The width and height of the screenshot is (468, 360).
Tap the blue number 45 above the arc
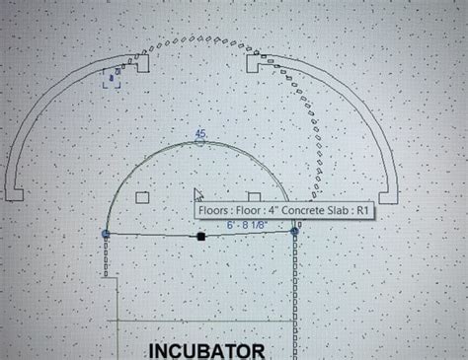pyautogui.click(x=200, y=132)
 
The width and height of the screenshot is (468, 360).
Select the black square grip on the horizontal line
pyautogui.click(x=200, y=236)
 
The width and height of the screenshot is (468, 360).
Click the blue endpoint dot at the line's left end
pyautogui.click(x=106, y=234)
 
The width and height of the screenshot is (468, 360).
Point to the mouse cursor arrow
pyautogui.click(x=197, y=195)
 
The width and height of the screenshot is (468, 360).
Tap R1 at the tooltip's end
pyautogui.click(x=361, y=210)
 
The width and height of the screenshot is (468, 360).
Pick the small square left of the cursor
pyautogui.click(x=142, y=197)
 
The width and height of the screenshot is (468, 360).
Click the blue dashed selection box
pyautogui.click(x=112, y=77)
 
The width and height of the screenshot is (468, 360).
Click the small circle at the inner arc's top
pyautogui.click(x=200, y=142)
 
